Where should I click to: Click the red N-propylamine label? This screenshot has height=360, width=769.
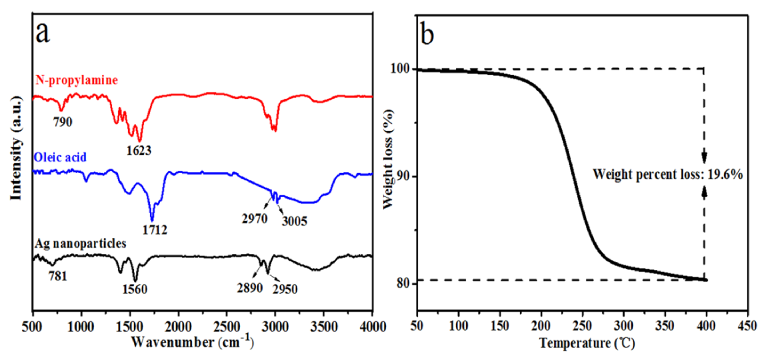tap(77, 80)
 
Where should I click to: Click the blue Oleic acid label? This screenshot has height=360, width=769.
tap(60, 157)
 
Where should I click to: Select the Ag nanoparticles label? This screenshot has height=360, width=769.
tap(80, 244)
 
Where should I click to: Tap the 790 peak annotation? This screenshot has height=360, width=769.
tap(63, 122)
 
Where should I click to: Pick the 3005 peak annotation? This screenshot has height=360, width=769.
tap(294, 221)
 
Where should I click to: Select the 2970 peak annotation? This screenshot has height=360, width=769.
tap(254, 219)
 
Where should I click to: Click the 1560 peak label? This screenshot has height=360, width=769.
tap(135, 289)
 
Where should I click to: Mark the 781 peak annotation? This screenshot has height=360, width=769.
tap(58, 276)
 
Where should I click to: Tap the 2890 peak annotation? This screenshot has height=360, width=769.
tap(250, 288)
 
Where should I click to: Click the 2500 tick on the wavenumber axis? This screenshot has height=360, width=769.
tap(227, 327)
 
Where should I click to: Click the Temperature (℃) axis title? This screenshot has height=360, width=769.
tap(587, 343)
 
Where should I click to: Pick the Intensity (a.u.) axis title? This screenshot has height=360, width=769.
tap(17, 148)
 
